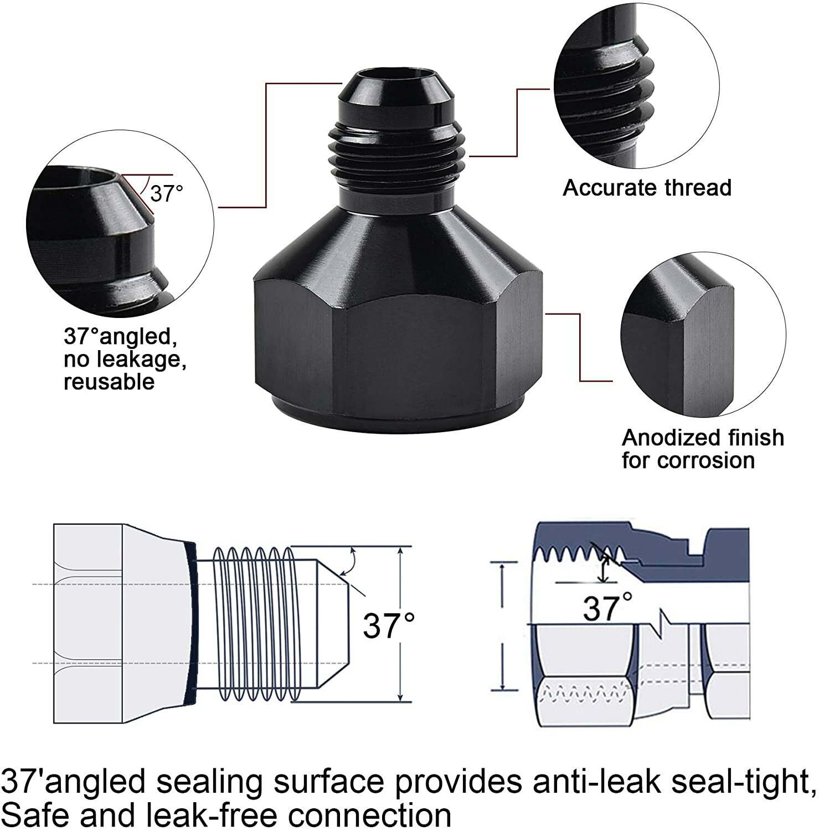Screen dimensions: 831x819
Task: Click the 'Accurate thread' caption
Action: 647,188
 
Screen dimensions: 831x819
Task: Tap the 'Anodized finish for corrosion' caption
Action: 702,449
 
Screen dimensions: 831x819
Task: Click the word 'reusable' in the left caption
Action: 109,382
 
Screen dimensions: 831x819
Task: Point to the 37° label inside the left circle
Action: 166,193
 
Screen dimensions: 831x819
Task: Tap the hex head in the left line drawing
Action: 89,623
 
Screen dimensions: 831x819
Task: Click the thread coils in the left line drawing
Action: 252,623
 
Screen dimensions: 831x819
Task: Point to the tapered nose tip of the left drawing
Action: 332,623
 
